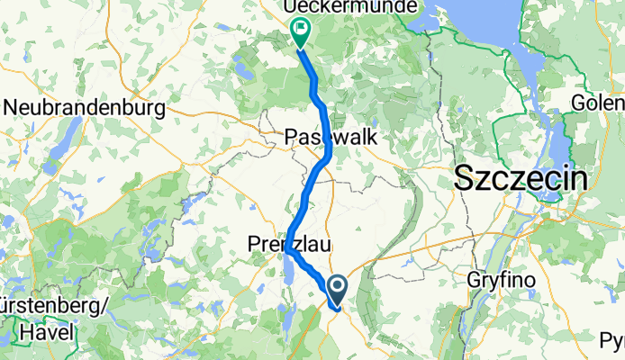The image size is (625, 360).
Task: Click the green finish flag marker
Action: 298,32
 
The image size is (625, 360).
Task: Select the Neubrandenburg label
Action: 86,107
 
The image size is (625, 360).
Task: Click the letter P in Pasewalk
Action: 291,137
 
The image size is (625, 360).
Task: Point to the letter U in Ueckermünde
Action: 292,7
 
